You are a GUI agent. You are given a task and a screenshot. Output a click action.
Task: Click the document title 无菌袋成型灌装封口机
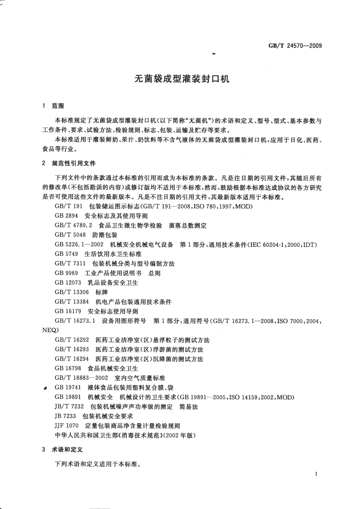tap(180, 78)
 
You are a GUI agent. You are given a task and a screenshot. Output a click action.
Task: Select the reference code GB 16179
tap(68, 311)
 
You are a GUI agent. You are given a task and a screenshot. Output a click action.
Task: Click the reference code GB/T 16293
tap(71, 349)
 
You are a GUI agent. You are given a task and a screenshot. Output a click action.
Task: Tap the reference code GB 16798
tap(68, 368)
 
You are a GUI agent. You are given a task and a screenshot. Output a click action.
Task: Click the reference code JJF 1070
tap(67, 426)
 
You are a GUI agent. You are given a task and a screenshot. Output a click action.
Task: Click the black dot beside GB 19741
tap(45, 389)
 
